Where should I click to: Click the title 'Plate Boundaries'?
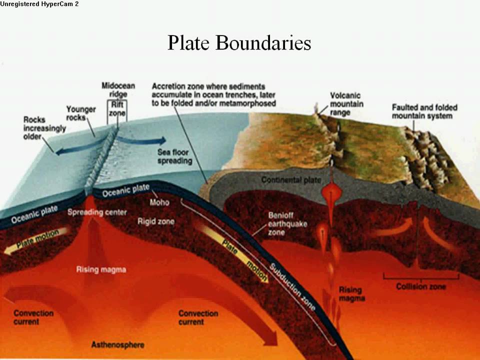click(x=239, y=43)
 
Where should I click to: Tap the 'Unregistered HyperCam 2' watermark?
click(x=39, y=4)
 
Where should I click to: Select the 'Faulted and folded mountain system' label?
click(x=424, y=111)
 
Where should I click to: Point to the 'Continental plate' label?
click(x=291, y=180)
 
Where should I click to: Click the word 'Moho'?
click(x=159, y=202)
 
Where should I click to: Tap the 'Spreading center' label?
click(x=97, y=212)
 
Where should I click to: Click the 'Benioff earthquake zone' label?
click(x=283, y=223)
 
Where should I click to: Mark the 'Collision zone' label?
click(x=421, y=286)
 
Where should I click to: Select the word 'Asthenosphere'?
click(x=118, y=345)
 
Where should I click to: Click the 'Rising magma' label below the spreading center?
click(x=101, y=270)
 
